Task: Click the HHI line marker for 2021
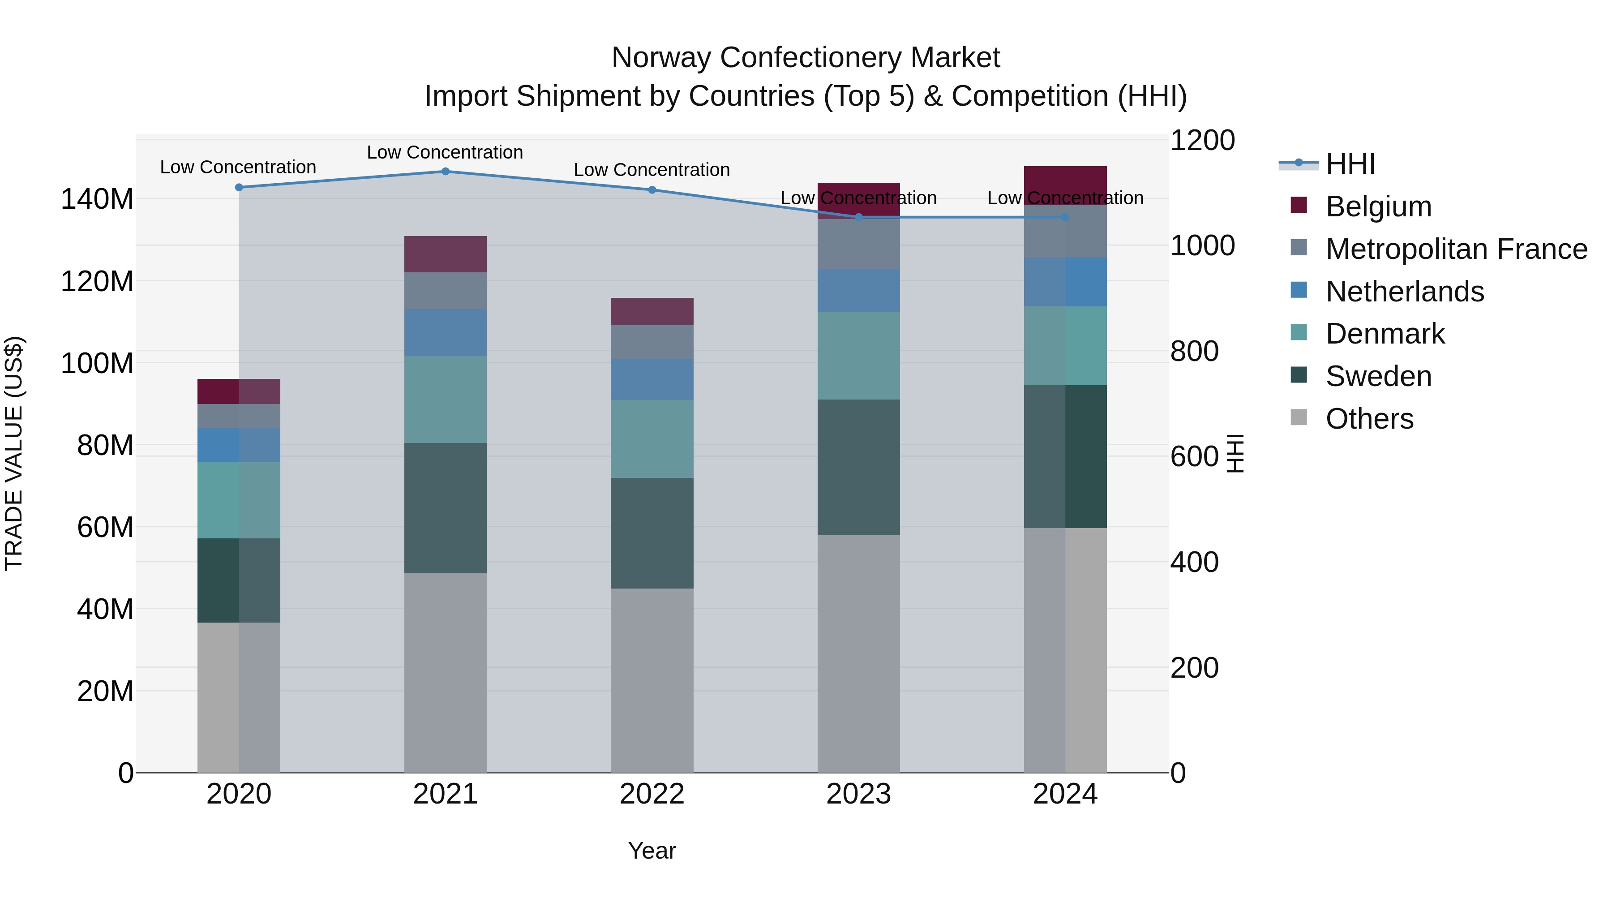click(x=446, y=172)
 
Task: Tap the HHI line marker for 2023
click(x=858, y=217)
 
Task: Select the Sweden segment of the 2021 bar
click(x=446, y=508)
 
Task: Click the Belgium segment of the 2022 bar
click(x=652, y=311)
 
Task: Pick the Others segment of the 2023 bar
click(x=858, y=653)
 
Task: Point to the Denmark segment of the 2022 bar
click(x=652, y=439)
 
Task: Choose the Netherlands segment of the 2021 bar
click(x=446, y=332)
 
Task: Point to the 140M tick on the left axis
click(x=97, y=199)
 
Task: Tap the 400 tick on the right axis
click(x=1194, y=562)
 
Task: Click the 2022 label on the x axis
click(x=652, y=794)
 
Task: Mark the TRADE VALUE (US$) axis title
click(x=14, y=453)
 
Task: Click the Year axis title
click(x=652, y=851)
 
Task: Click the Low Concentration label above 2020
click(x=238, y=167)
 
